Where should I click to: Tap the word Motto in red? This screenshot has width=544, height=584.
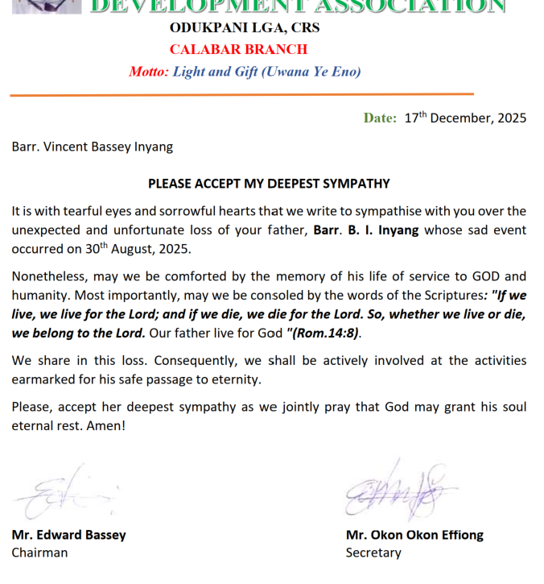pyautogui.click(x=148, y=72)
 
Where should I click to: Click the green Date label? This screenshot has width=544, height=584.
pyautogui.click(x=380, y=118)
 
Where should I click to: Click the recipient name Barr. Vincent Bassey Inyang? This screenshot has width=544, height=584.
pyautogui.click(x=92, y=147)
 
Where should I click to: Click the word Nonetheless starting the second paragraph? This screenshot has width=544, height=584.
pyautogui.click(x=47, y=276)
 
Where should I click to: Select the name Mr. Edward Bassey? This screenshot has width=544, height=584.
pyautogui.click(x=68, y=535)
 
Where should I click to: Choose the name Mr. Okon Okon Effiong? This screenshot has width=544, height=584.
pyautogui.click(x=414, y=535)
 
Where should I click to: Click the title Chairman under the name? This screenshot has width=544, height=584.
pyautogui.click(x=39, y=553)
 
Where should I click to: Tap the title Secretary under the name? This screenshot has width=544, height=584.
pyautogui.click(x=373, y=553)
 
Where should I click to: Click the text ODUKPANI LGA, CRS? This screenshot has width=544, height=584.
pyautogui.click(x=245, y=27)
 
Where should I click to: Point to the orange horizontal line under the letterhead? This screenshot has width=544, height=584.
pyautogui.click(x=241, y=95)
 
